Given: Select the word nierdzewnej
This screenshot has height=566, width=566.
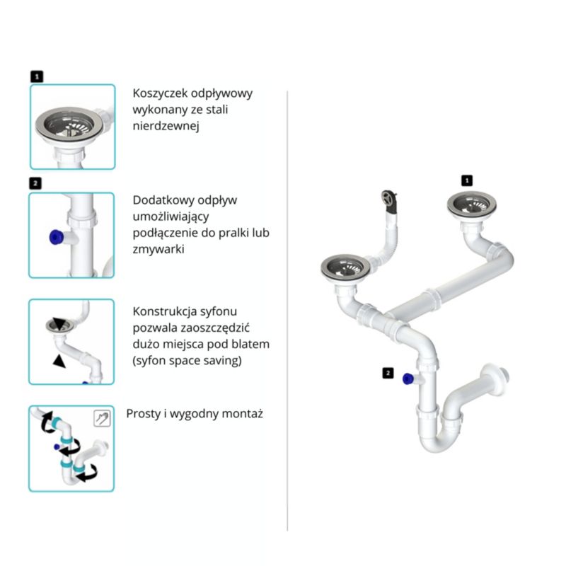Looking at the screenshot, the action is pos(166,126).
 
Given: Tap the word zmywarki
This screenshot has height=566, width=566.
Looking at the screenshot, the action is pos(158,249).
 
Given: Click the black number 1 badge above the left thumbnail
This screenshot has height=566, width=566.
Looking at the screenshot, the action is pos(37,76).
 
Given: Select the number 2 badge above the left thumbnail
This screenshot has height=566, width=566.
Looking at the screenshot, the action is pos(35,183).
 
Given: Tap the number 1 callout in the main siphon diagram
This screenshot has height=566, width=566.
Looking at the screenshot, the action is pos(467,180).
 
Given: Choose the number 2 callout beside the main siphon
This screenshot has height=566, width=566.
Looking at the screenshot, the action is pos(388,373).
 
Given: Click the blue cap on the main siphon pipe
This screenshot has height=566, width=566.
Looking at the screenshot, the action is pos(408,379).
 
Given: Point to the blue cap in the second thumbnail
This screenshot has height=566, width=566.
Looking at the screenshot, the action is pos(57,237).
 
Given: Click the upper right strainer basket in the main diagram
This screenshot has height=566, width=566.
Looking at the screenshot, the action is pos(471,205).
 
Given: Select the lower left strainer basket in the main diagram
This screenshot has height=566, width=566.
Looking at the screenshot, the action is pos(346,268).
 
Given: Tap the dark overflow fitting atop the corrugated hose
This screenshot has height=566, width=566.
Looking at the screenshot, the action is pos(389,201).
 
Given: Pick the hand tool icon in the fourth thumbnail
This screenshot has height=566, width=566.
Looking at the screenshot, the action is pos(102,418).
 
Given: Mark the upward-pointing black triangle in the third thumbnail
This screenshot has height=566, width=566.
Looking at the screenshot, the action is pos(59,361).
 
